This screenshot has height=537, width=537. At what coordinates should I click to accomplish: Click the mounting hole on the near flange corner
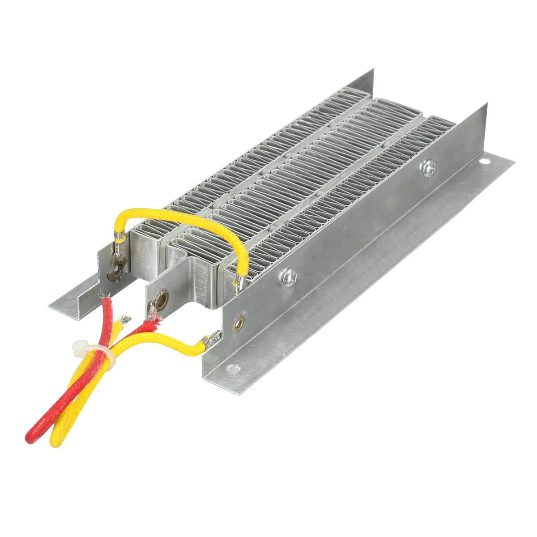(x=231, y=369)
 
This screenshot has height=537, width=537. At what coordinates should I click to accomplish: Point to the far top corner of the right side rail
(x=486, y=106)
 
